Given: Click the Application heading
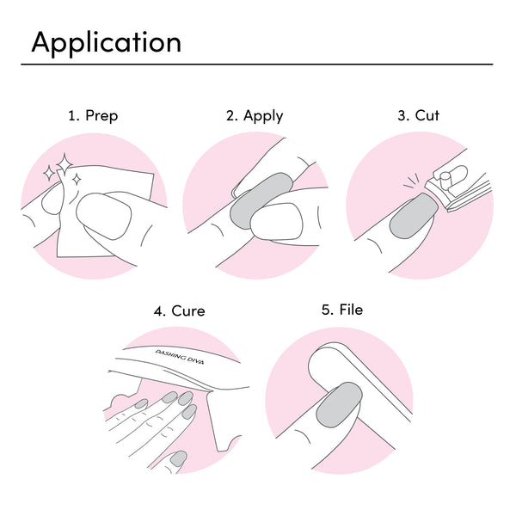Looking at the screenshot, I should pyautogui.click(x=106, y=42).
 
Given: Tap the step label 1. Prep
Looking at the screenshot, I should pyautogui.click(x=93, y=115).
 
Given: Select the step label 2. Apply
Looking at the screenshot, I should pyautogui.click(x=255, y=115).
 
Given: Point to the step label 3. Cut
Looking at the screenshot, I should pyautogui.click(x=418, y=115).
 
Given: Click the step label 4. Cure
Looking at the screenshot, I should pyautogui.click(x=179, y=310).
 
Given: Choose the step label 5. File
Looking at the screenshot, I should pyautogui.click(x=342, y=310).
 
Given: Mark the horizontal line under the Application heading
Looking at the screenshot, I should pyautogui.click(x=258, y=64).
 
